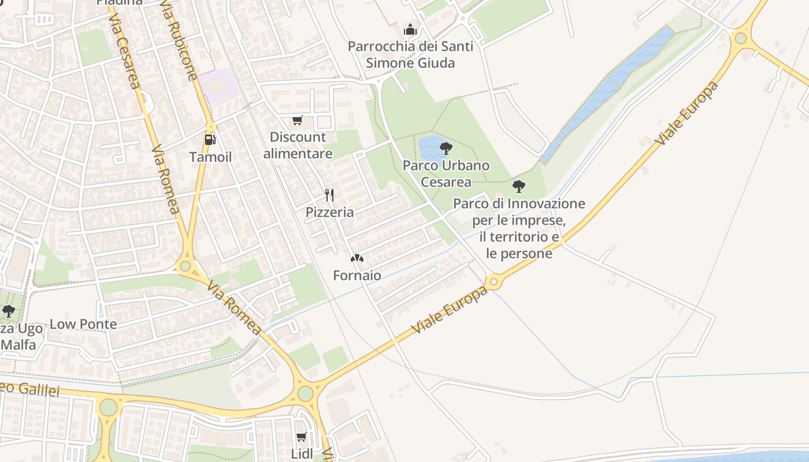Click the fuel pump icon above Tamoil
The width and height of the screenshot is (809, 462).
point(210,139)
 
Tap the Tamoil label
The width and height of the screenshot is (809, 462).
point(211,157)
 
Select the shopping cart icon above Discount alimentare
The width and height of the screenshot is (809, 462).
point(297,120)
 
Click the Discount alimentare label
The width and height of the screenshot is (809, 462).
point(298,145)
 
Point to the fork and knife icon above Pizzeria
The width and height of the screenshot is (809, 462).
point(329,195)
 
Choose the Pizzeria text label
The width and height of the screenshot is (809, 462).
point(329,212)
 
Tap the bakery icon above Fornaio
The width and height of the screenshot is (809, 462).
point(357,258)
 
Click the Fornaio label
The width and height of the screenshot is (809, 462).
point(357,275)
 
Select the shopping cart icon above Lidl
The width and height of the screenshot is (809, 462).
point(301,437)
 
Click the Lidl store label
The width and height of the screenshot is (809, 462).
point(302,454)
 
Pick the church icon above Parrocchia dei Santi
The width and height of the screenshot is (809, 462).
point(410,29)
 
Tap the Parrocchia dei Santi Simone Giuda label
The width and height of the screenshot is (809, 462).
point(410,54)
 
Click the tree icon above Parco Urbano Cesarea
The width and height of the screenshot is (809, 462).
point(446,148)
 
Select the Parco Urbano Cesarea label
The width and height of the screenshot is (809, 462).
point(446,173)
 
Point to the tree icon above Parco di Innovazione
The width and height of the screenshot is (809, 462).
point(519,186)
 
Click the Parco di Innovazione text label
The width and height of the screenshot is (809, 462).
point(519,228)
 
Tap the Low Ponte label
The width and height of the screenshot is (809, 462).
point(83,324)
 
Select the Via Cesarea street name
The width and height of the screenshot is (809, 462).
point(124,52)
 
